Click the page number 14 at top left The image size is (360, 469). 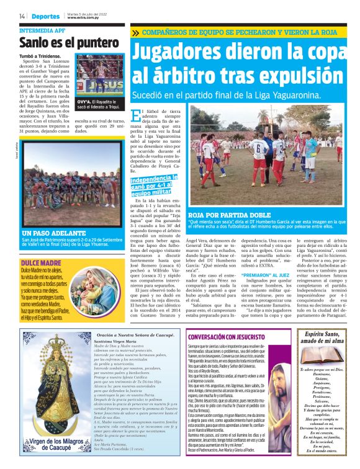22,16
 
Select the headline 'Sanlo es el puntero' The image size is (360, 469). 60,43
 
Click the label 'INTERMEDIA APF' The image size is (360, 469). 42,30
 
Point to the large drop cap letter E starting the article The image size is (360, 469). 137,116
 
